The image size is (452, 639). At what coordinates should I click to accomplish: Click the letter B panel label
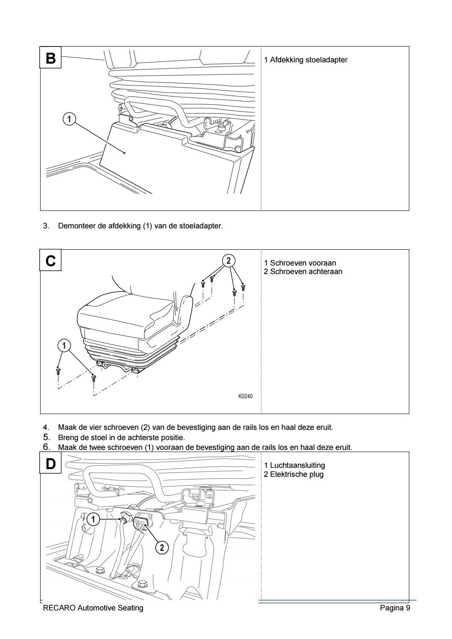pyautogui.click(x=51, y=58)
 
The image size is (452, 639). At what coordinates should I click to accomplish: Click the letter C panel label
pyautogui.click(x=51, y=261)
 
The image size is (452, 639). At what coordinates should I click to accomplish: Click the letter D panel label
pyautogui.click(x=51, y=464)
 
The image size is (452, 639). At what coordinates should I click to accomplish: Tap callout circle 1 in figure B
pyautogui.click(x=69, y=118)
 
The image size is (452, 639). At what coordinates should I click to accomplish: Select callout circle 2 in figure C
pyautogui.click(x=228, y=260)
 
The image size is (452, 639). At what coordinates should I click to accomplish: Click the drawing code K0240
pyautogui.click(x=245, y=396)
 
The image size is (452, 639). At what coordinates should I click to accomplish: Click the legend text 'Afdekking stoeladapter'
pyautogui.click(x=309, y=60)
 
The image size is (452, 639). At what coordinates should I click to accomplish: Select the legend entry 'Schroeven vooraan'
pyautogui.click(x=306, y=263)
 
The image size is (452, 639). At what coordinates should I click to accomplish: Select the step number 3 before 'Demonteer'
pyautogui.click(x=46, y=226)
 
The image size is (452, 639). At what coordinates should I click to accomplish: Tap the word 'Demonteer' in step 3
pyautogui.click(x=73, y=226)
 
